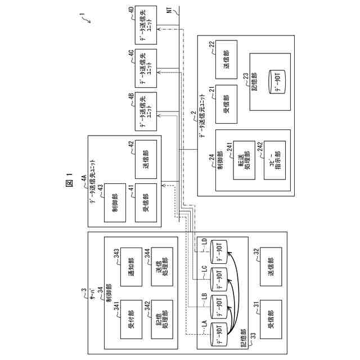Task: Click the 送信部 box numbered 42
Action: point(145,160)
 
